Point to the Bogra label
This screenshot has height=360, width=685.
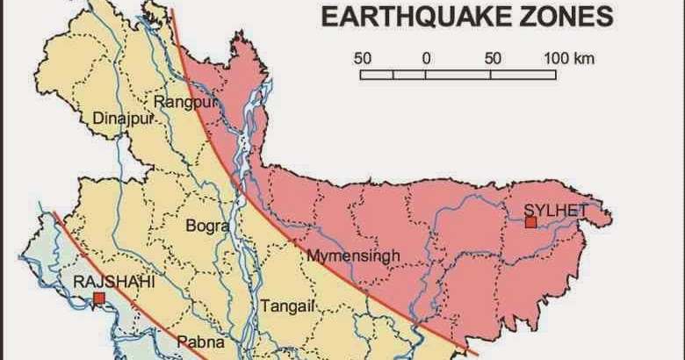pyautogui.click(x=207, y=226)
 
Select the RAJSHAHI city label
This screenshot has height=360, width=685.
pyautogui.click(x=104, y=282)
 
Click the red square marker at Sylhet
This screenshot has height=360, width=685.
pyautogui.click(x=530, y=222)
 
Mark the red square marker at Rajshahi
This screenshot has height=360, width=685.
pyautogui.click(x=99, y=299)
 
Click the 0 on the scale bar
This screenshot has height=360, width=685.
pyautogui.click(x=426, y=59)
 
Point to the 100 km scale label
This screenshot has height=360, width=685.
pyautogui.click(x=569, y=59)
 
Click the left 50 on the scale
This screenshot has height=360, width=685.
pyautogui.click(x=363, y=59)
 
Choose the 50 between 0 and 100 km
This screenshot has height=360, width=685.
pyautogui.click(x=493, y=59)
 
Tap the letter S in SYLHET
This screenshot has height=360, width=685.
pyautogui.click(x=527, y=208)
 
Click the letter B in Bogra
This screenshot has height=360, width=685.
pyautogui.click(x=191, y=226)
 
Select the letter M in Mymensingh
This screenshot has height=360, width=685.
pyautogui.click(x=313, y=256)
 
